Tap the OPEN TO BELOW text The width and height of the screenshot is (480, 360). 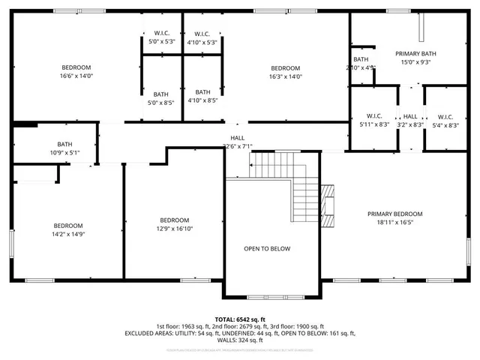point(267,249)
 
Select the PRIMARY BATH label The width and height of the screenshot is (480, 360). point(415,54)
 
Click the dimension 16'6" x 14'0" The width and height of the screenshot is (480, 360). point(76,76)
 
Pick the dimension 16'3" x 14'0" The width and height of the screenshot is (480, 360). point(285,76)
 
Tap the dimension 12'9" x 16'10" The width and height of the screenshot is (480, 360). point(173,229)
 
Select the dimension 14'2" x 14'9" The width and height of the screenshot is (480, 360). point(67,235)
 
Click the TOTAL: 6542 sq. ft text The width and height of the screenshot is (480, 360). point(239,319)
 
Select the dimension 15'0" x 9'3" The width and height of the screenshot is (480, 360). point(415,63)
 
